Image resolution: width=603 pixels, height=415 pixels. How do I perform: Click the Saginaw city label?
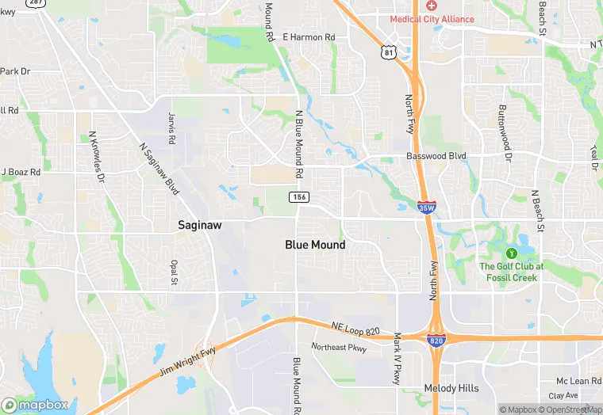199,226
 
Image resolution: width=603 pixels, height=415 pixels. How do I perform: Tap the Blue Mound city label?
315,245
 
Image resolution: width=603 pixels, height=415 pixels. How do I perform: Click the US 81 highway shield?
387,52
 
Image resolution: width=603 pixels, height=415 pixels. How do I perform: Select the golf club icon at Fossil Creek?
511,253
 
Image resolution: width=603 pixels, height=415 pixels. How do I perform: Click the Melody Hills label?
451,389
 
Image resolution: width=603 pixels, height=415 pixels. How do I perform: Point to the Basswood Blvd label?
436,156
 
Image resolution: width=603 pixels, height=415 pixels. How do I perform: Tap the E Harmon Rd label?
309,37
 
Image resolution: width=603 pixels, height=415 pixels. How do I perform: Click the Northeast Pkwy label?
339,347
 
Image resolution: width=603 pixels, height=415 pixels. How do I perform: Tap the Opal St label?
174,272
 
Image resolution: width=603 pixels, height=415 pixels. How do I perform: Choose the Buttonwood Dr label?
503,131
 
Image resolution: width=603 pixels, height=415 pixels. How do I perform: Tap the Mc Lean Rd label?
577,381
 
